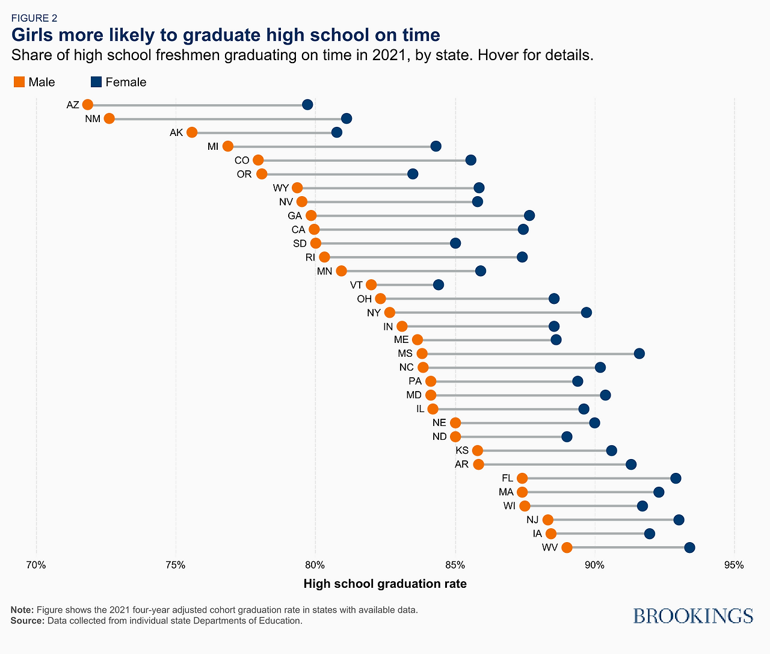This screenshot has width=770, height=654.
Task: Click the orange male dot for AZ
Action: coord(88,105)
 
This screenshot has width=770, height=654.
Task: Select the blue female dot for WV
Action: coord(689,548)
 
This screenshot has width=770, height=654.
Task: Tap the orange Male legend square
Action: coord(19,82)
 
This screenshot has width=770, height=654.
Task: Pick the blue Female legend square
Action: coord(96,82)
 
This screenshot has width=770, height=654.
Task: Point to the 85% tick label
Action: coord(455,565)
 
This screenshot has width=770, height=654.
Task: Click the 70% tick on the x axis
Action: coord(36,565)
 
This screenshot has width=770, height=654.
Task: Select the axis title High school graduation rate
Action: coord(385,584)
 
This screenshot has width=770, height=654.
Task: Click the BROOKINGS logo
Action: coord(693,615)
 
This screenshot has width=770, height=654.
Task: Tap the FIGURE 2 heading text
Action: coord(34,18)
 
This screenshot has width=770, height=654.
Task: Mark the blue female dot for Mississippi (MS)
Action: coord(639,353)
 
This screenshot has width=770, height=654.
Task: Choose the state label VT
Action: coord(356,285)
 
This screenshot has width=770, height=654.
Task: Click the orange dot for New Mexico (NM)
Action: coord(109,119)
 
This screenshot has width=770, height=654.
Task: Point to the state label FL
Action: coord(507,478)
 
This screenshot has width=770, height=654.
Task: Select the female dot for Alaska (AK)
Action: coord(337,132)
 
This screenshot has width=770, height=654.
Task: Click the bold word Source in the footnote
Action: coord(26,620)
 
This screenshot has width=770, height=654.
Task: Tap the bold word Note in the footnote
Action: coord(22,609)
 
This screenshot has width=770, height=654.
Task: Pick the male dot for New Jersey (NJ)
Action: coord(547,520)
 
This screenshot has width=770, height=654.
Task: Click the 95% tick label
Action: coord(734,565)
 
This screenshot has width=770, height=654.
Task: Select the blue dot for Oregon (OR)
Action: coord(412,174)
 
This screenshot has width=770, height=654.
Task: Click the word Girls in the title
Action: coord(33,35)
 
